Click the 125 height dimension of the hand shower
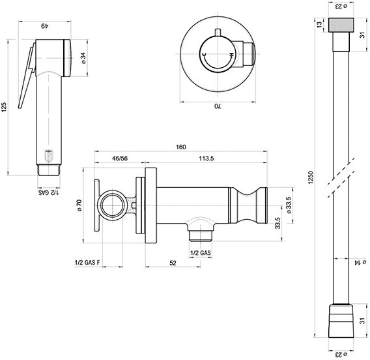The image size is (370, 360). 4,107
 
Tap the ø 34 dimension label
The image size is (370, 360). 83,58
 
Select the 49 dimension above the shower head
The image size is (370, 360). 44,26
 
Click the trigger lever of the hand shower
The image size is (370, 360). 27,76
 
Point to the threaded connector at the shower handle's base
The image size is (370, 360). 49,170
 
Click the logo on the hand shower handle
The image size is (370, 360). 49,156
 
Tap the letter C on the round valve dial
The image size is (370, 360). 205,55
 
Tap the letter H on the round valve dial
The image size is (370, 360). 232,55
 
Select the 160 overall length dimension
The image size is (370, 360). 180,147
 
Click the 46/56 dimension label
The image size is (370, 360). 120,158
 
